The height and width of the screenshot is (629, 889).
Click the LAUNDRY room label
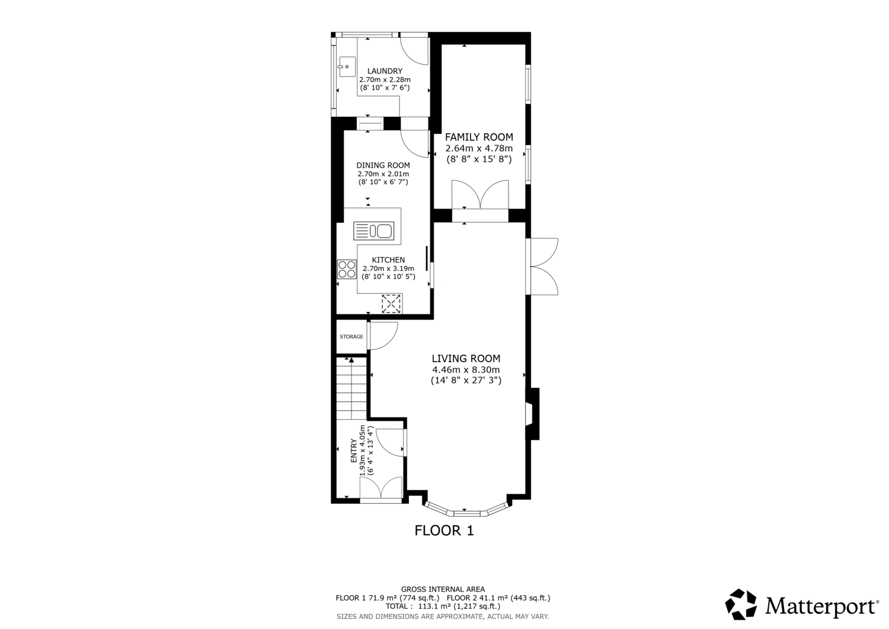385,71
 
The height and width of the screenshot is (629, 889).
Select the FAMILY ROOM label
479,137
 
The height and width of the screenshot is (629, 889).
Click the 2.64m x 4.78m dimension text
479,149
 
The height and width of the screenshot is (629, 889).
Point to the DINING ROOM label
383,165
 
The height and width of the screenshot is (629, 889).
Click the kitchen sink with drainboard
374,231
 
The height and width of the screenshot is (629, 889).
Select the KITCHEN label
388,260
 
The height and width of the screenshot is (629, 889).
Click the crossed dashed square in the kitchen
391,304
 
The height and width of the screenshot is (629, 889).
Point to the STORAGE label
351,337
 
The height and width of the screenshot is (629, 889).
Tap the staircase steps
351,388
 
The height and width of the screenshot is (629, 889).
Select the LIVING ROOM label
466,359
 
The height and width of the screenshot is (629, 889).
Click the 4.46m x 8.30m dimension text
466,370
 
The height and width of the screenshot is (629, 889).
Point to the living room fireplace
533,414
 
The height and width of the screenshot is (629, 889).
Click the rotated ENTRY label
353,451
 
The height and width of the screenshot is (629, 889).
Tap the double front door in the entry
381,488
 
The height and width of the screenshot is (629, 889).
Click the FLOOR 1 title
444,531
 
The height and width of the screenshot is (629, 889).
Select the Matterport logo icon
741,604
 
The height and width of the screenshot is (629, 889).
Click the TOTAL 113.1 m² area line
443,606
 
